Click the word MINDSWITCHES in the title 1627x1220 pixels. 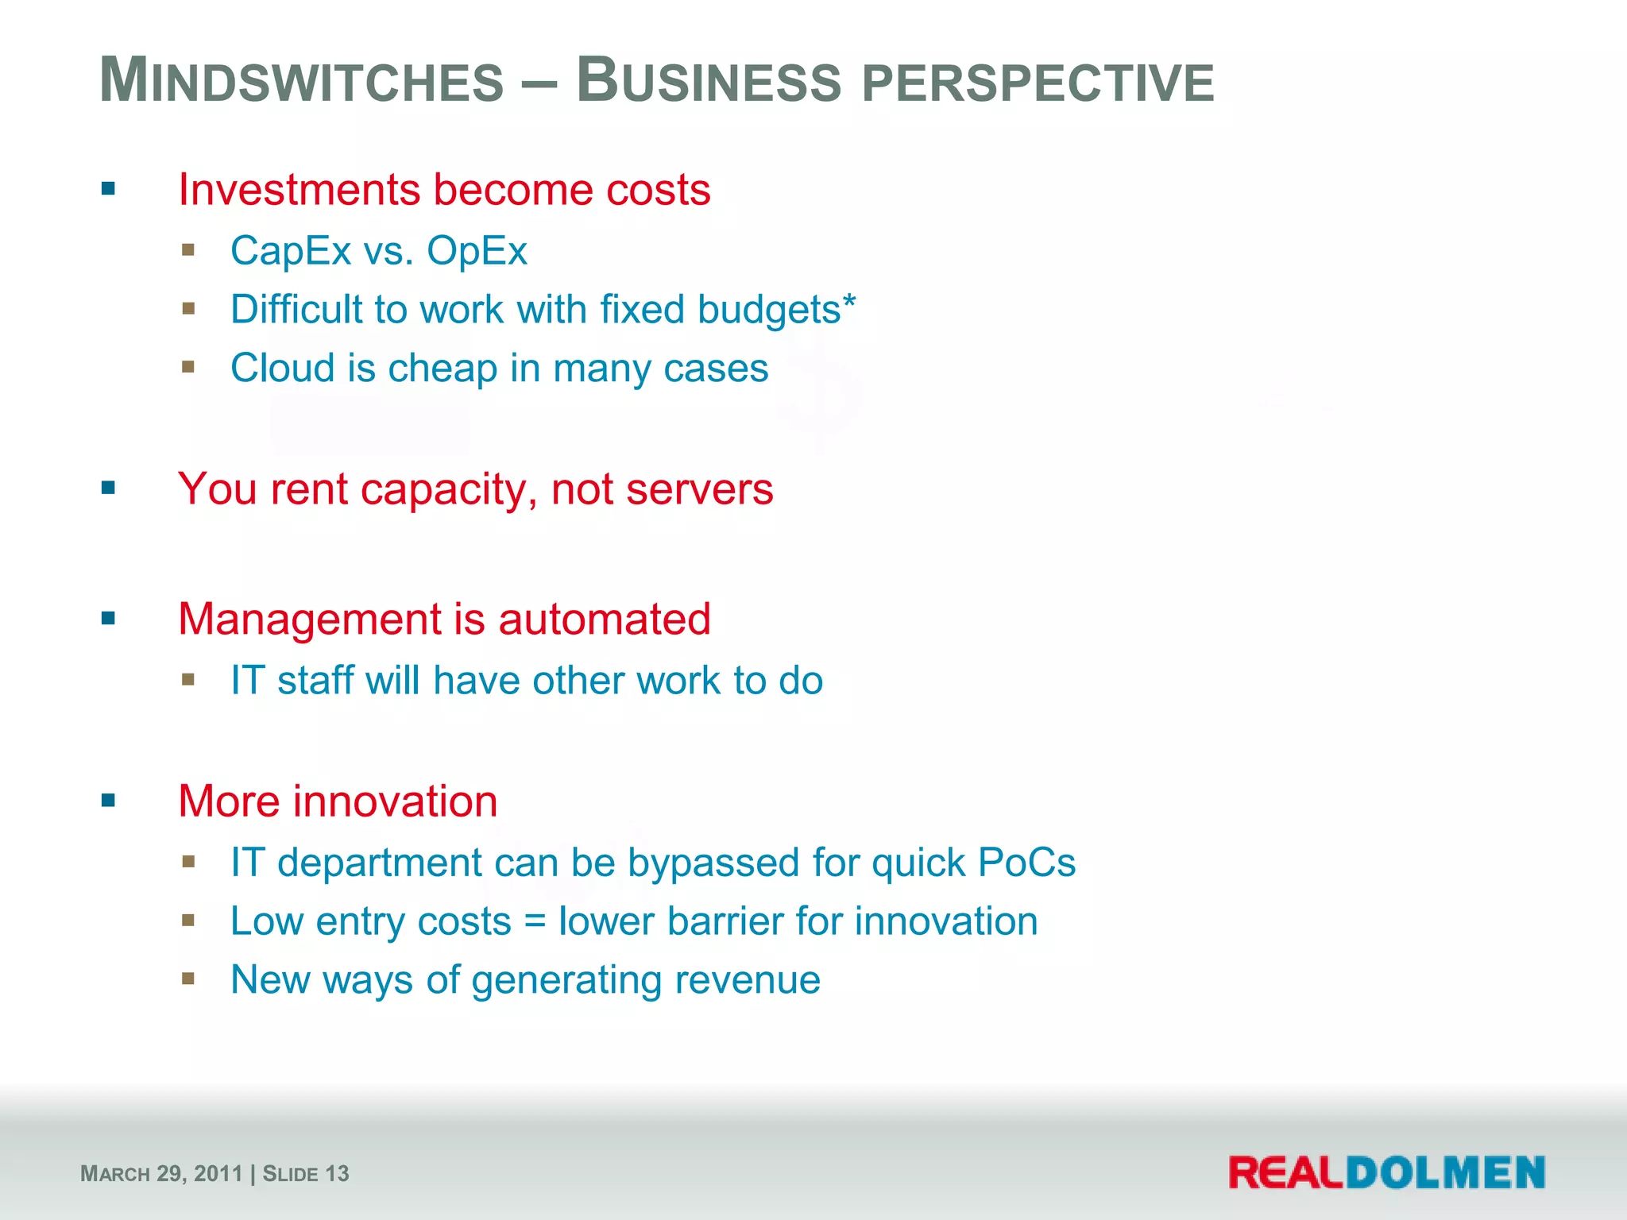[302, 81]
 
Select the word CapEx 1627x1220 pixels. [291, 251]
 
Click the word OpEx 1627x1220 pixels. [477, 251]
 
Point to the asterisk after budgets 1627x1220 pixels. [849, 301]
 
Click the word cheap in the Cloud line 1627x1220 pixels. [442, 369]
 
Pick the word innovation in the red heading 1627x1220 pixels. [395, 801]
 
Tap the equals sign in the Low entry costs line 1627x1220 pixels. [535, 922]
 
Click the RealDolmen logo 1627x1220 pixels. [1386, 1173]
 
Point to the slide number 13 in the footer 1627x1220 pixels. [337, 1174]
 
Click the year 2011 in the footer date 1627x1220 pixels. [218, 1174]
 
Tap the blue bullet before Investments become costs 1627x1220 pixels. [109, 189]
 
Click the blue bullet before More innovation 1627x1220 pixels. [109, 801]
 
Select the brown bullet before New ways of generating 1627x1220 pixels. [188, 979]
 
